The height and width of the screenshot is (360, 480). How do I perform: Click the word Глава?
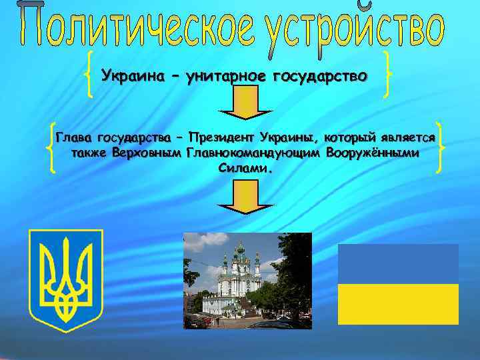pos(75,139)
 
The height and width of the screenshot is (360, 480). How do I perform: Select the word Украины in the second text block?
pos(291,138)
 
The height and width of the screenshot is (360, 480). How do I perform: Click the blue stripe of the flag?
pos(398,263)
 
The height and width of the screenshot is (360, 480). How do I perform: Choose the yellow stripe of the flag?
pos(398,303)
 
